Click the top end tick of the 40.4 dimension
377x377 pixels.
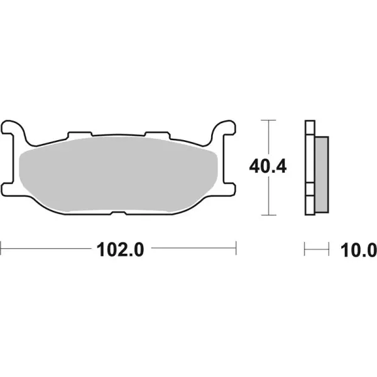pos(268,119)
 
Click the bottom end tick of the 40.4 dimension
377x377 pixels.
pos(268,215)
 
